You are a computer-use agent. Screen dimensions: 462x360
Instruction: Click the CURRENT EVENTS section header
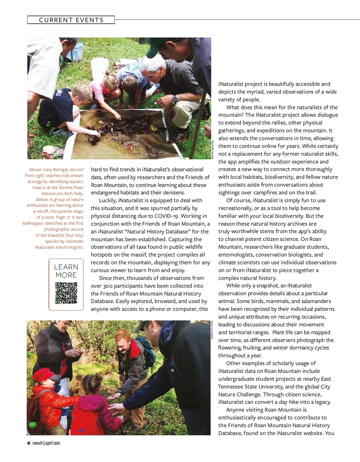(71, 20)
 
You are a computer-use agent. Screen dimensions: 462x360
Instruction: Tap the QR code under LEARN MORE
(66, 293)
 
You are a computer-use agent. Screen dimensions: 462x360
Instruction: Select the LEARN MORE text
(66, 271)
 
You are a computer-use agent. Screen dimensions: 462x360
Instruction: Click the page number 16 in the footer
(28, 443)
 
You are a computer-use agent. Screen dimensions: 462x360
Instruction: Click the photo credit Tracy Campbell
(212, 330)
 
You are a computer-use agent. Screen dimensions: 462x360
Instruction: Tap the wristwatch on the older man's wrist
(175, 98)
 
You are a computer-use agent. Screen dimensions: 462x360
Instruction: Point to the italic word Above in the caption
(35, 169)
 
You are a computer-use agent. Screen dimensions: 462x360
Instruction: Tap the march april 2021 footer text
(46, 443)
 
